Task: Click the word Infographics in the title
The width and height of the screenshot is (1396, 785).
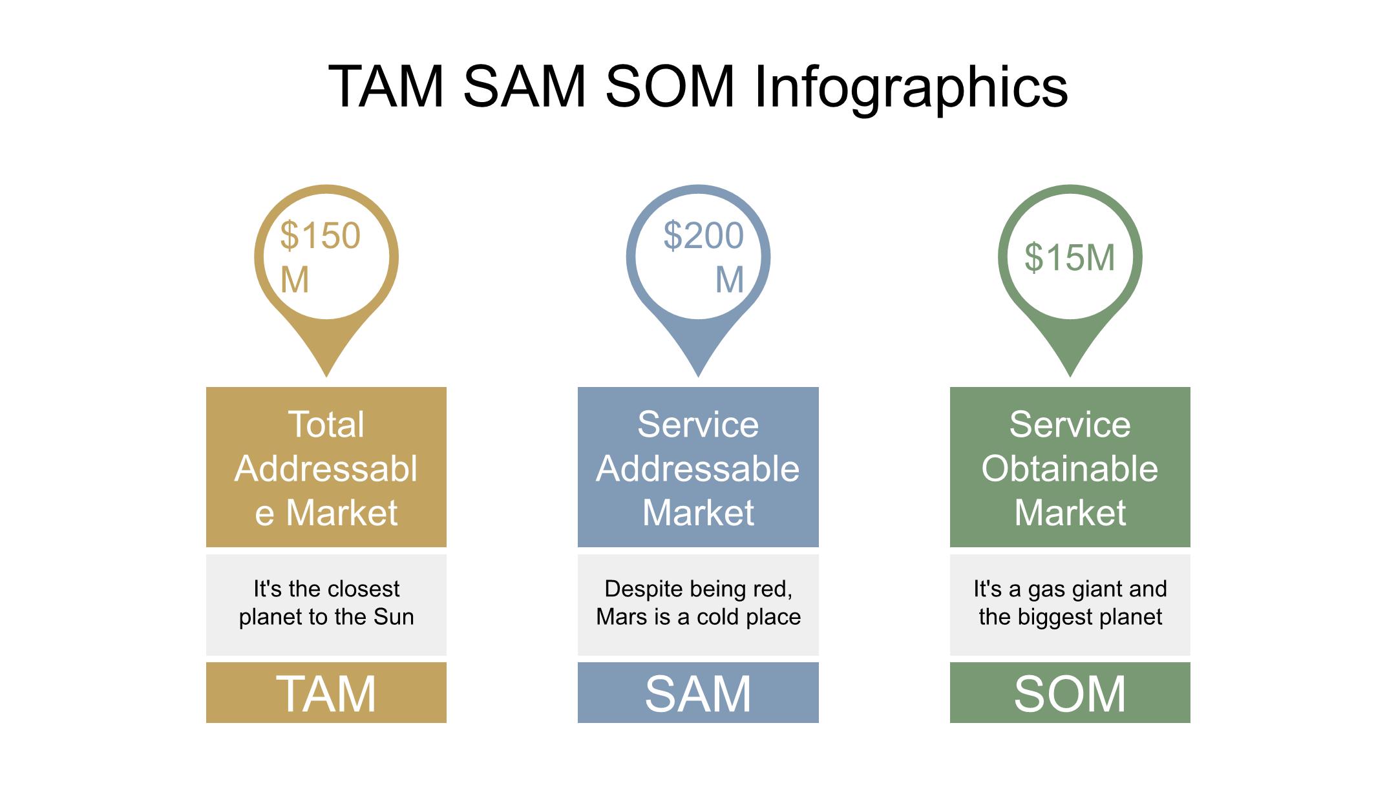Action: pos(911,87)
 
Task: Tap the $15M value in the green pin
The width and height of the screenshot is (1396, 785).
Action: pos(1070,257)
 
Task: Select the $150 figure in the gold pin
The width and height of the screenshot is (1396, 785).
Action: pos(320,235)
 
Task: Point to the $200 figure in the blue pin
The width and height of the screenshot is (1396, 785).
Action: pos(703,235)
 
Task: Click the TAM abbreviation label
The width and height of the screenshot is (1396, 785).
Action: pos(326,693)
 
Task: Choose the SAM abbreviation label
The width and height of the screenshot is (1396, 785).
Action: pos(698,693)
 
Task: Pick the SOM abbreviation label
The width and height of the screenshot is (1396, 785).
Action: pos(1070,693)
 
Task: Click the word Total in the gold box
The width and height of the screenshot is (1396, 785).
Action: pos(326,424)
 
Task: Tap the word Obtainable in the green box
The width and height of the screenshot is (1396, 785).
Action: pos(1070,468)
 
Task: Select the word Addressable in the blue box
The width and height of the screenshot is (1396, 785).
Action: pos(698,468)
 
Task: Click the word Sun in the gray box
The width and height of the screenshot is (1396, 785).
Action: pos(394,617)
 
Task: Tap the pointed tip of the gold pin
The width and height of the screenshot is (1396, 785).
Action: pos(326,373)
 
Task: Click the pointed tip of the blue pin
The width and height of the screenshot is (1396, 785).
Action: pos(698,373)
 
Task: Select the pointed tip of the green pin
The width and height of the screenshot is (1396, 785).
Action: pos(1070,373)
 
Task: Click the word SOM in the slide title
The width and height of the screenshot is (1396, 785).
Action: pos(670,87)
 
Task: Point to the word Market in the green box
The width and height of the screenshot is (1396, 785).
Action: pos(1070,513)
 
